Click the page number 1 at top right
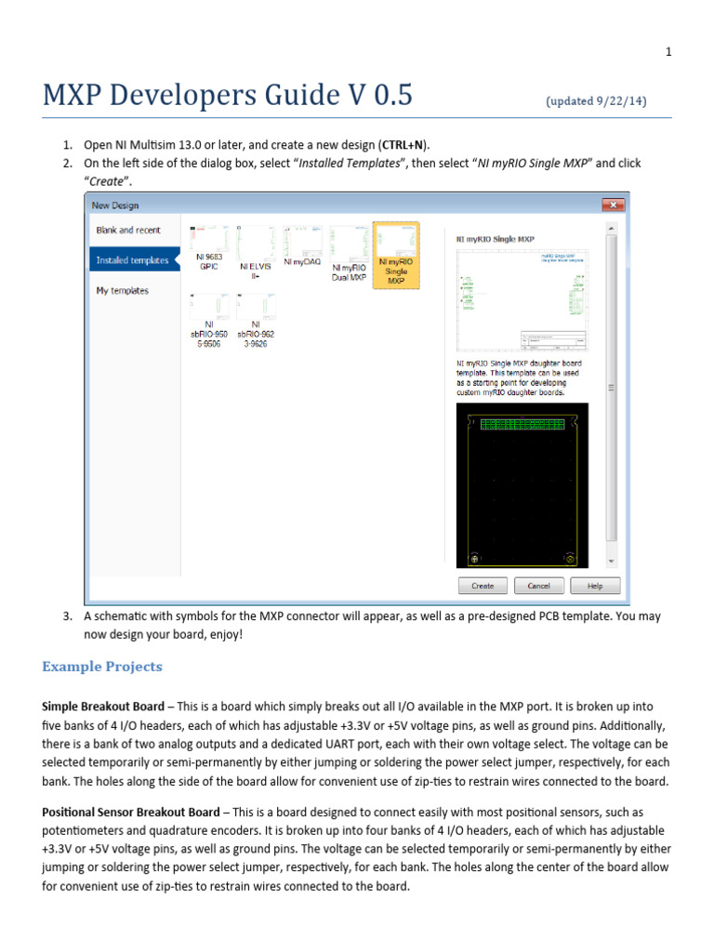point(668,52)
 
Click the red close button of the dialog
point(614,205)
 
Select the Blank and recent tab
point(129,230)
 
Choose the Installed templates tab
point(133,260)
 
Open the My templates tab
point(123,291)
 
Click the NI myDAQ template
point(301,246)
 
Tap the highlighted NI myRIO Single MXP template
point(396,254)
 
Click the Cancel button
point(539,586)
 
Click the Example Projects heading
point(102,667)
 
